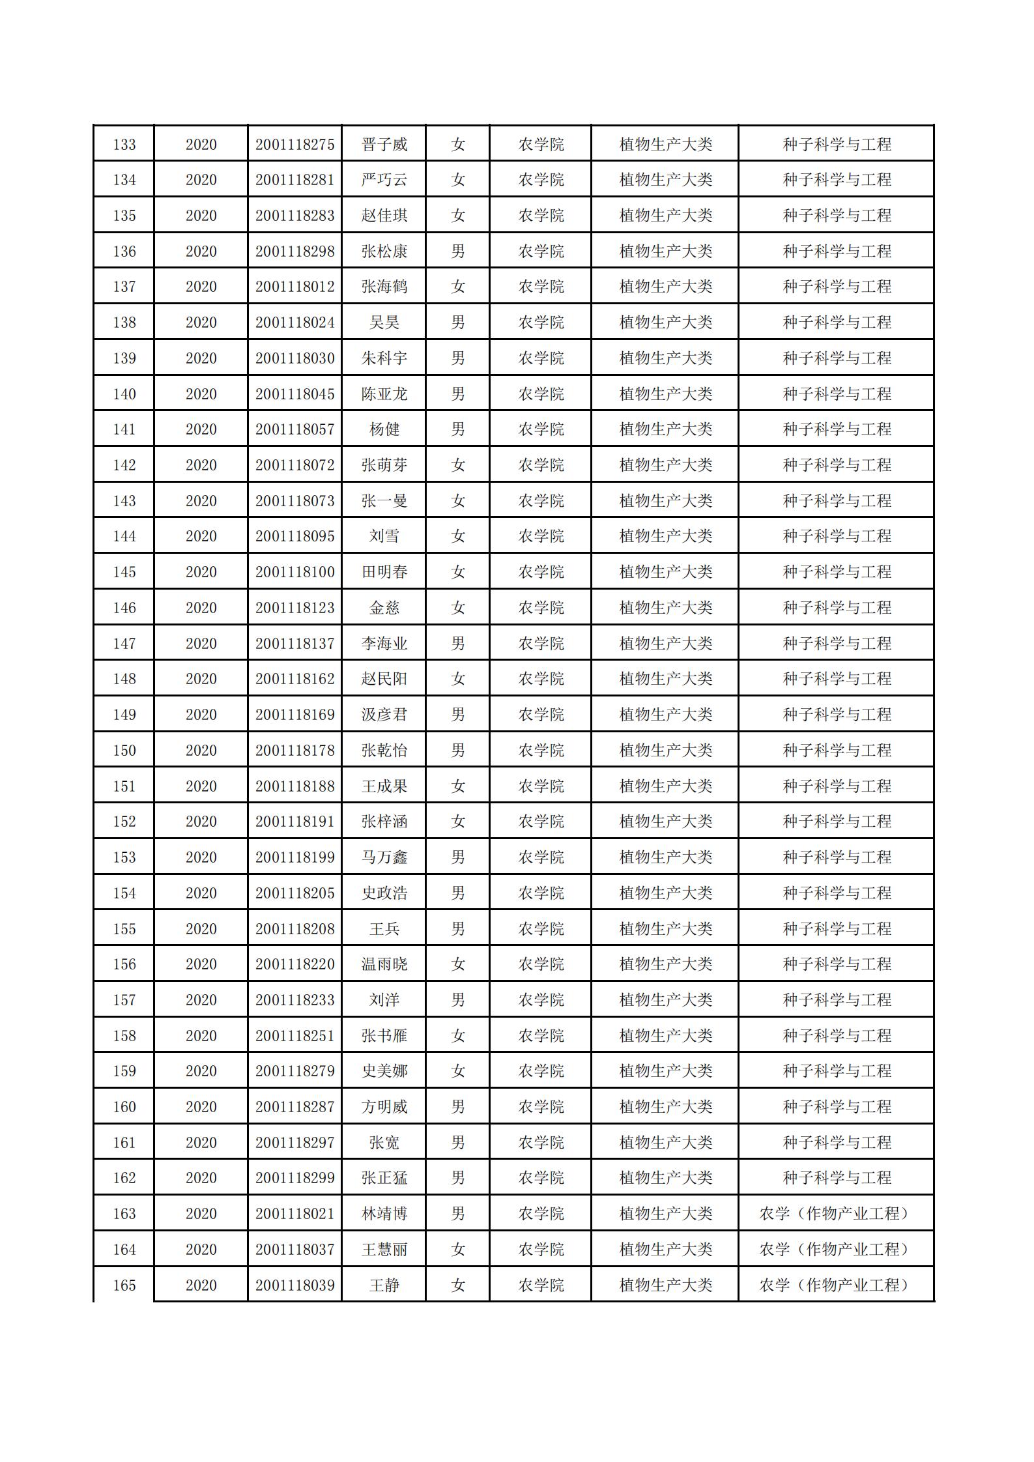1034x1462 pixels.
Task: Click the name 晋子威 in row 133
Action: (x=384, y=145)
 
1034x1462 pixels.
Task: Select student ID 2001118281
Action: (x=294, y=180)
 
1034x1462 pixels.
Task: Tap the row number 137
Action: (x=124, y=287)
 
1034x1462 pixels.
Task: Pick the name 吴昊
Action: (x=384, y=322)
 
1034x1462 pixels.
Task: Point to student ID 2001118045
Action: (x=294, y=394)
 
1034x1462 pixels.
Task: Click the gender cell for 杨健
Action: (x=457, y=429)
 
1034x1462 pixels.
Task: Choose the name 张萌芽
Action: (x=384, y=465)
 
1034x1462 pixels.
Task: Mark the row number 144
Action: (x=124, y=536)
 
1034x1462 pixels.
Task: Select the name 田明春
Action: (x=384, y=572)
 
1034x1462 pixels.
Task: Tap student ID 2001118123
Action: (x=294, y=608)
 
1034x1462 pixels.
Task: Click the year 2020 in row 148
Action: (x=201, y=679)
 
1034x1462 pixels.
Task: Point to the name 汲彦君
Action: (x=384, y=715)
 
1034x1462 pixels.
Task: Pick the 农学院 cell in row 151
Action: (x=541, y=786)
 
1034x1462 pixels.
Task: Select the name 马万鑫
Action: (x=384, y=857)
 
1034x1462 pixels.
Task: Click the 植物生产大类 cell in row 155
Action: (x=665, y=929)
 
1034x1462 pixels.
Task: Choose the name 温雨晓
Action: (x=384, y=964)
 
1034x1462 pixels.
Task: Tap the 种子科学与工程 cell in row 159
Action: (x=837, y=1071)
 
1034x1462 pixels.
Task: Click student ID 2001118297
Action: (x=294, y=1143)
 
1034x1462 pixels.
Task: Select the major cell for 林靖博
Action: (x=837, y=1214)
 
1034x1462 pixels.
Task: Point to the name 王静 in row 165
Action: (x=384, y=1285)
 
